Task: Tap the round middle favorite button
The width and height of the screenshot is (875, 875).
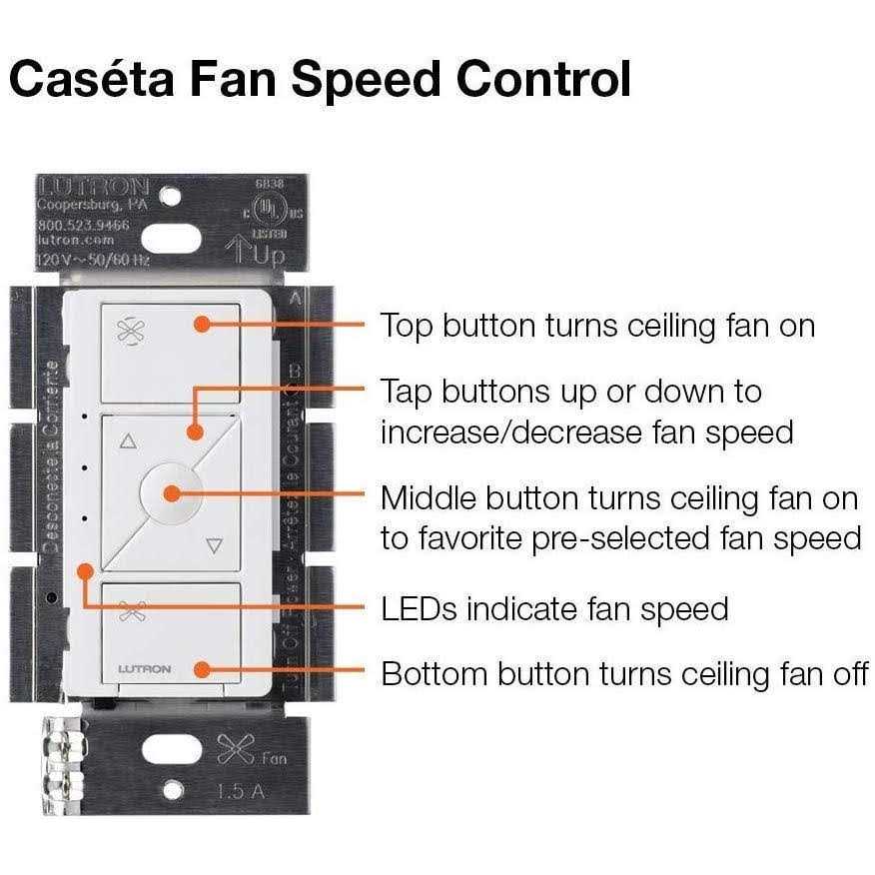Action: click(172, 492)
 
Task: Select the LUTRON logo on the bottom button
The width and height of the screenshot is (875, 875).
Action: click(144, 668)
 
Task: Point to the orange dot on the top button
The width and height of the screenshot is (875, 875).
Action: click(201, 324)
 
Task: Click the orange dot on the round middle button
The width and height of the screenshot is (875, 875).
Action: click(172, 492)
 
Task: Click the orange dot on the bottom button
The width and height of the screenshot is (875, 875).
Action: click(202, 670)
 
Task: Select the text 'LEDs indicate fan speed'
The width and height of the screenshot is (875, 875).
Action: click(554, 608)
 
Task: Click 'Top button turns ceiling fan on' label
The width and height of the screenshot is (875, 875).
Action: click(597, 325)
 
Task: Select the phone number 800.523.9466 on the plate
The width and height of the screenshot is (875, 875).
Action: click(84, 226)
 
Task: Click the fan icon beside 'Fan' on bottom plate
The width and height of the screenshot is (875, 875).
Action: click(234, 748)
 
